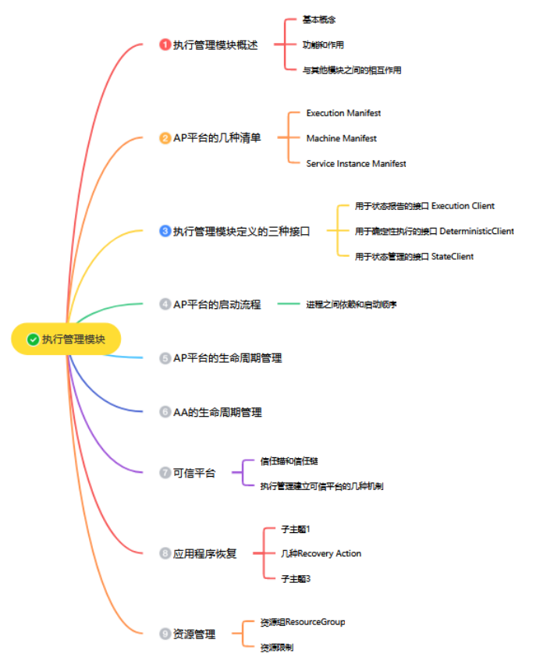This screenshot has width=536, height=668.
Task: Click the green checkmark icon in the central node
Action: click(33, 339)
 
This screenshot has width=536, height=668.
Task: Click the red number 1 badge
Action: click(165, 44)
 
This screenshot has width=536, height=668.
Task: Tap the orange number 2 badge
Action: click(165, 138)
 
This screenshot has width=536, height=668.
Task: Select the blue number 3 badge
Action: click(165, 231)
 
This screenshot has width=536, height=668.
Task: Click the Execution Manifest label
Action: click(343, 113)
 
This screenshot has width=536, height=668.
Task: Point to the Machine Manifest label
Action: click(341, 138)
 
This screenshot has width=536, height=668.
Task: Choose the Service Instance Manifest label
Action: click(356, 164)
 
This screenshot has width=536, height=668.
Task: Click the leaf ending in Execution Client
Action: click(424, 206)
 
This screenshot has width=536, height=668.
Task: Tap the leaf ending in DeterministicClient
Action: click(434, 231)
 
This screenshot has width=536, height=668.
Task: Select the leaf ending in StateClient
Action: click(414, 256)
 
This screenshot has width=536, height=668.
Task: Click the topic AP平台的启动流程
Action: click(216, 304)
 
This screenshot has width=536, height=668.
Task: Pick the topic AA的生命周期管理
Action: click(217, 411)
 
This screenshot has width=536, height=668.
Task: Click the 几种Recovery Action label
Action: click(321, 553)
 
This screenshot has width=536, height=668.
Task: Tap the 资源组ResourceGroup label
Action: click(303, 622)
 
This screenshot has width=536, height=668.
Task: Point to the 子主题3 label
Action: click(296, 578)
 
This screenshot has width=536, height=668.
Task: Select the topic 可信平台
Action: click(194, 473)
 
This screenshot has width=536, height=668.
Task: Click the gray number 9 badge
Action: click(165, 634)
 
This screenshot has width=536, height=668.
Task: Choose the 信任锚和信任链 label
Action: click(289, 461)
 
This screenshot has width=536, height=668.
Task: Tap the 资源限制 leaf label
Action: click(277, 647)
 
